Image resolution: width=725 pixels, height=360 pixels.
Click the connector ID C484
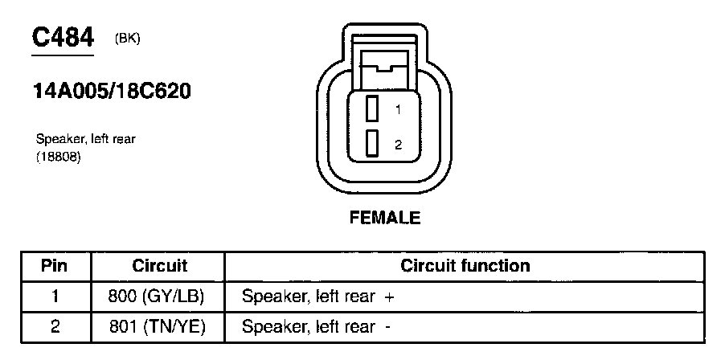63,37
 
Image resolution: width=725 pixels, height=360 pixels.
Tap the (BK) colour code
128,38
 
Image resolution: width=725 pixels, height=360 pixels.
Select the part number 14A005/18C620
111,91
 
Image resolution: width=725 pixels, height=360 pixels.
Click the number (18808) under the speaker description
59,157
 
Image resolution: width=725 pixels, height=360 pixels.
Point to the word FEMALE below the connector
385,218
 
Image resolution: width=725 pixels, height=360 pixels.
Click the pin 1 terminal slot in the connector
371,108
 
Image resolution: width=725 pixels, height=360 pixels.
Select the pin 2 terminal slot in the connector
371,143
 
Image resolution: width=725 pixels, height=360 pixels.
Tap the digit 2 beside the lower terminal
397,145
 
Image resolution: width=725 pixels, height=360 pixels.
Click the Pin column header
55,266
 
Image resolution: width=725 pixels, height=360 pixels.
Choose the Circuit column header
159,266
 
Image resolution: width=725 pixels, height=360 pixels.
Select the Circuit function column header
465,266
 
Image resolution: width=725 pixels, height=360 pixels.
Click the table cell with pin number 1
55,297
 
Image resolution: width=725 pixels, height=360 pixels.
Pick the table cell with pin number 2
55,327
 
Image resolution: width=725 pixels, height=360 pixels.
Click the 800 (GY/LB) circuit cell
157,297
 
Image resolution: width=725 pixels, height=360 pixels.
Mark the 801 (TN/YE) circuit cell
157,327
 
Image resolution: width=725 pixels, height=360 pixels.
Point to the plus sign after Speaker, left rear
389,297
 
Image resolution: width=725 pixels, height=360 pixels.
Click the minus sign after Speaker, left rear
388,327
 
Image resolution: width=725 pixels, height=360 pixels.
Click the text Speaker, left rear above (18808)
86,139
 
